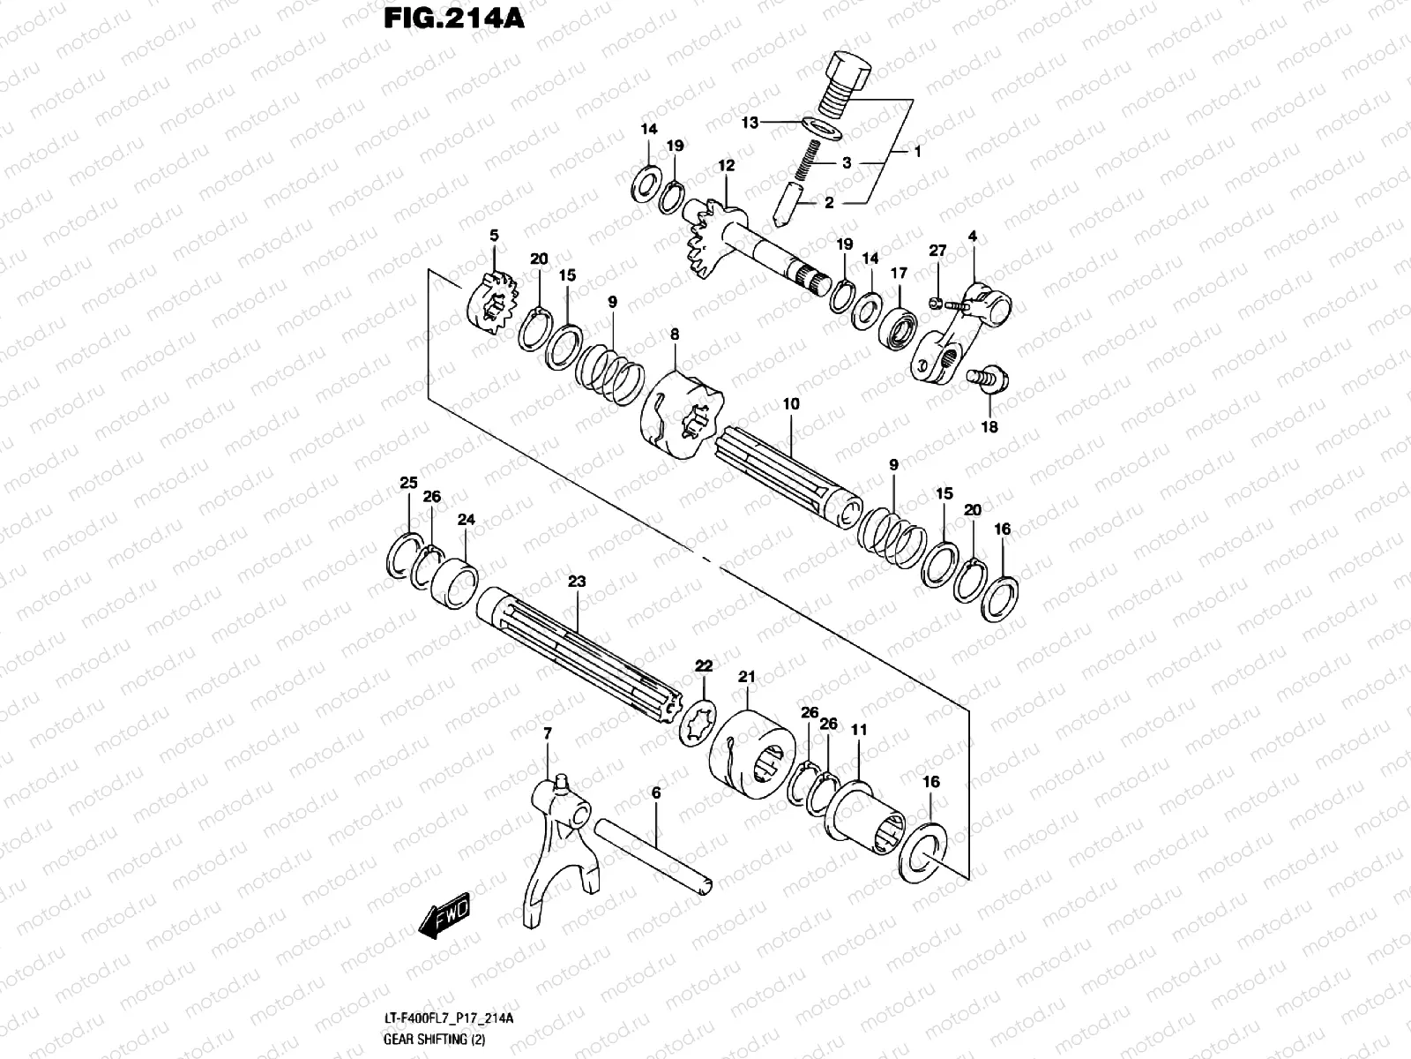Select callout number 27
pos(937,252)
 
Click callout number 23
pos(576,582)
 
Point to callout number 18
pos(989,427)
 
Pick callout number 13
pos(750,123)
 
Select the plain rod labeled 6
pos(653,857)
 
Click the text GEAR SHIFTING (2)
pos(426,1039)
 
